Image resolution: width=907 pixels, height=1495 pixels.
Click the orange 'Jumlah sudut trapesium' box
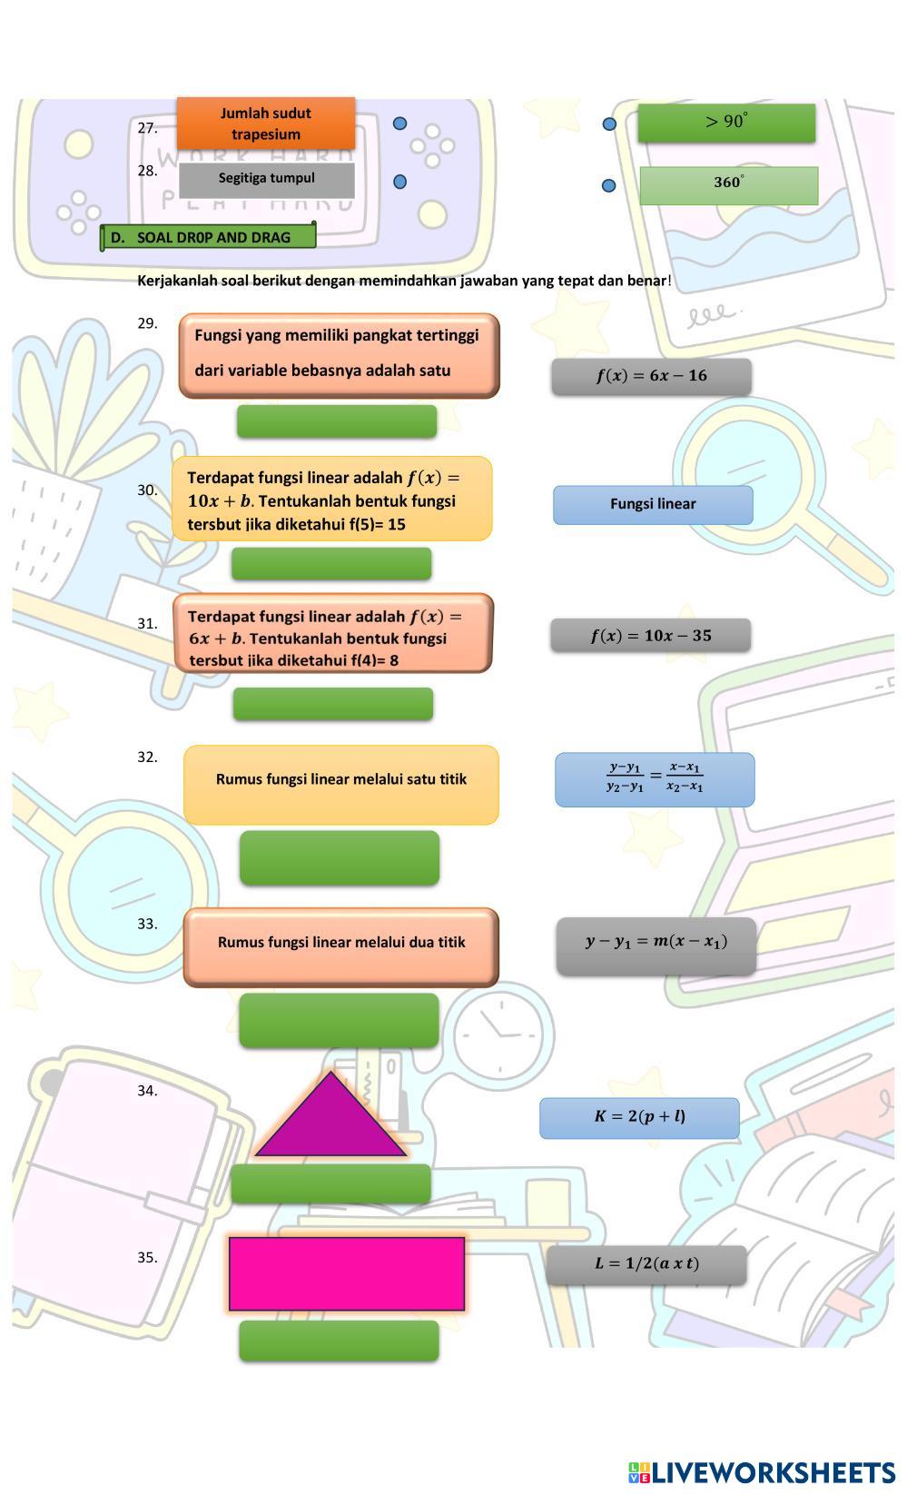click(265, 124)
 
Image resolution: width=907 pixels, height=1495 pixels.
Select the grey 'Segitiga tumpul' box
click(266, 180)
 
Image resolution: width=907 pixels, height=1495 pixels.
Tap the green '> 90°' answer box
click(725, 123)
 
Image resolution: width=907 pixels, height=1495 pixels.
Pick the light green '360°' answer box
click(728, 185)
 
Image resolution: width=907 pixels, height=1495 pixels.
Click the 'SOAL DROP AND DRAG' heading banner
click(209, 237)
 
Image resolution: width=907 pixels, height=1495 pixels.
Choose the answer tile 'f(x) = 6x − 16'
click(651, 376)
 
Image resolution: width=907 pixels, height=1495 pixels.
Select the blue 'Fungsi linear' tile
click(653, 504)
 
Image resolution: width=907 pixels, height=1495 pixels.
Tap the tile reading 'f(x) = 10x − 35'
click(650, 636)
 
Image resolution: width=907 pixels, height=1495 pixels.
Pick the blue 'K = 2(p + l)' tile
click(639, 1117)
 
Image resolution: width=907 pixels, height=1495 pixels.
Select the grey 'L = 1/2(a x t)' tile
click(646, 1263)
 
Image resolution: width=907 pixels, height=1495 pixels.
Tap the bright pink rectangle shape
click(346, 1273)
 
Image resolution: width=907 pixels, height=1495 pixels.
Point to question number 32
click(147, 757)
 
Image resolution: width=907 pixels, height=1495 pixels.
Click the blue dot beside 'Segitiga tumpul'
click(399, 182)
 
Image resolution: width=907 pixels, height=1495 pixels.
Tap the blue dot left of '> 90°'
click(609, 124)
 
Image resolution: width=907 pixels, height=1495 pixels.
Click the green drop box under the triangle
click(330, 1183)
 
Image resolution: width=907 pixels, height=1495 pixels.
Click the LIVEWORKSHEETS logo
click(761, 1472)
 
